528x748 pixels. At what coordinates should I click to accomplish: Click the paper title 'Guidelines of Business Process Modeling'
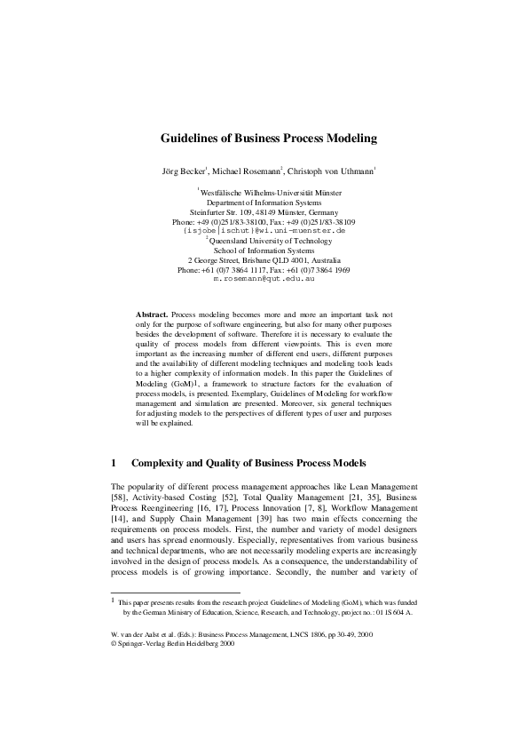tap(268, 139)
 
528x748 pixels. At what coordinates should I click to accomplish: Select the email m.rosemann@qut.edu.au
tap(264, 279)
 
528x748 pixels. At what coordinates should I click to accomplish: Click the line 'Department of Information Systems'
tap(264, 202)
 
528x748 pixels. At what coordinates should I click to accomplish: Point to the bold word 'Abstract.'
tap(151, 315)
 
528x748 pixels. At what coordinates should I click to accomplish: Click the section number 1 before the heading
tap(114, 463)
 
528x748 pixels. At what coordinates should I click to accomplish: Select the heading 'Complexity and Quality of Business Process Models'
tap(248, 463)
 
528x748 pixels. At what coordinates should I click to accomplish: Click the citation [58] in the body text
tap(120, 499)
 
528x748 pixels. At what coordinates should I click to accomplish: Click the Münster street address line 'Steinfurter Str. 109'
tap(264, 211)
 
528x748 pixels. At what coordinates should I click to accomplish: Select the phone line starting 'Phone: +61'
tap(264, 269)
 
